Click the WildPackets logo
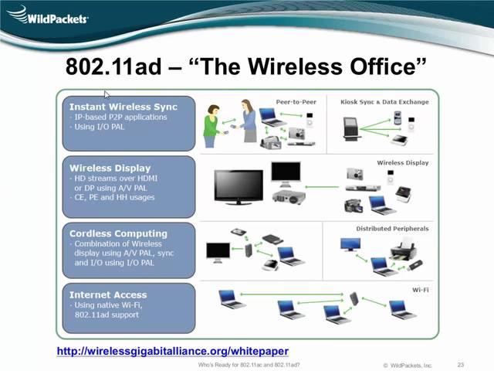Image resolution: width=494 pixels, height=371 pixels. pos(48,16)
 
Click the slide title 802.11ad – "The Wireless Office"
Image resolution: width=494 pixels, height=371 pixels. pos(246,66)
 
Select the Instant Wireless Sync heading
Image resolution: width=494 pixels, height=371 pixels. pos(123,107)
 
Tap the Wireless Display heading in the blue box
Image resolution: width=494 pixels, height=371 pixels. pos(110,168)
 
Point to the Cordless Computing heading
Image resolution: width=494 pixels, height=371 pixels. pos(118,233)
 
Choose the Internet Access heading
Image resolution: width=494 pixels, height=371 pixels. pos(108,294)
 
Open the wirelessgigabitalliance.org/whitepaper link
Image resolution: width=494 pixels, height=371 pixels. pos(173,351)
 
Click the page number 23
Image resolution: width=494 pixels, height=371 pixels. pos(461,364)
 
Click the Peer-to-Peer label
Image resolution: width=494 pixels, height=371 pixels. pos(297,101)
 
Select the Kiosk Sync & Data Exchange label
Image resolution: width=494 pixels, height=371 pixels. pos(384,101)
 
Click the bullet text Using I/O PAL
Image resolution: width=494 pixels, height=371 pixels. pos(98,127)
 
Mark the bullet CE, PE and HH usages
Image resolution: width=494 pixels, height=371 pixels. pos(113,197)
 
